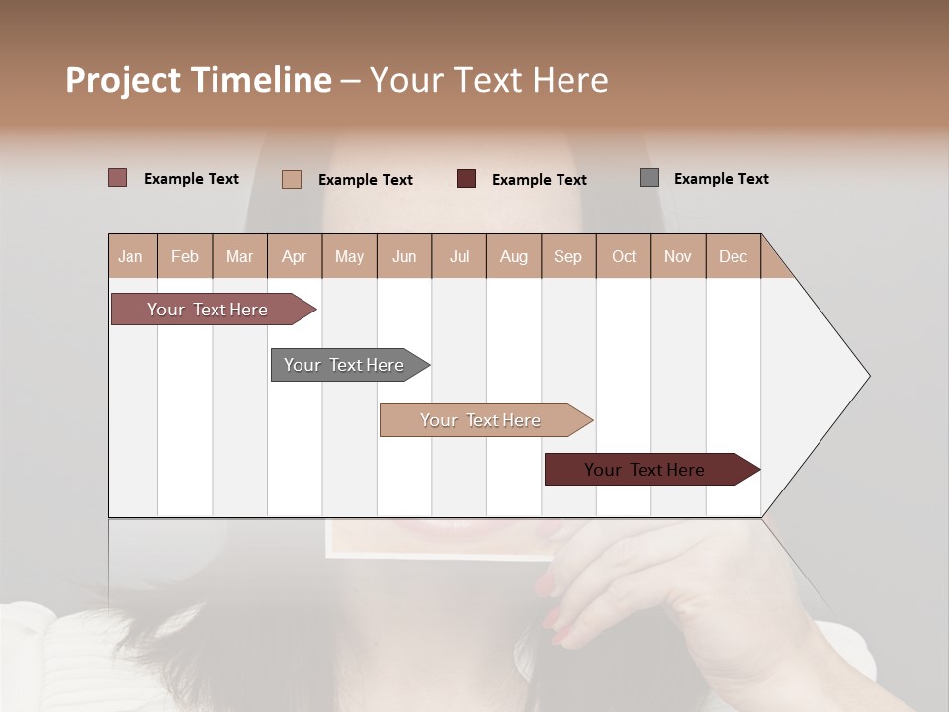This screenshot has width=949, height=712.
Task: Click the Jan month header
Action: (130, 256)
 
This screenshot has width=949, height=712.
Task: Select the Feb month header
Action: (185, 256)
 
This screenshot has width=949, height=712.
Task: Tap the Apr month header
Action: (294, 256)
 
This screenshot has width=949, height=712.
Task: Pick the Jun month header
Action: (404, 256)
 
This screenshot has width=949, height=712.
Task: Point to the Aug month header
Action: (513, 256)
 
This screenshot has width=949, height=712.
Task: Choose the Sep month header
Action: (567, 256)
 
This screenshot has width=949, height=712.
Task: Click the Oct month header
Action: (624, 256)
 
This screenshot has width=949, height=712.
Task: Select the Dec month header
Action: (733, 256)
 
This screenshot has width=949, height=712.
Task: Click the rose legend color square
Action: (118, 178)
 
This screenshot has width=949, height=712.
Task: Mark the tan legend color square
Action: (292, 179)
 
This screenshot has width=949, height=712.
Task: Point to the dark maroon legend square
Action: (467, 179)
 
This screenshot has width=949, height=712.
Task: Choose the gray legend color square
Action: (649, 178)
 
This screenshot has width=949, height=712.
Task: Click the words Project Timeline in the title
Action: (199, 80)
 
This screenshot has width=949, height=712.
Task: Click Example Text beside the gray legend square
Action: (721, 179)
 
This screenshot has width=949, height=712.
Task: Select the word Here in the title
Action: (570, 80)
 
